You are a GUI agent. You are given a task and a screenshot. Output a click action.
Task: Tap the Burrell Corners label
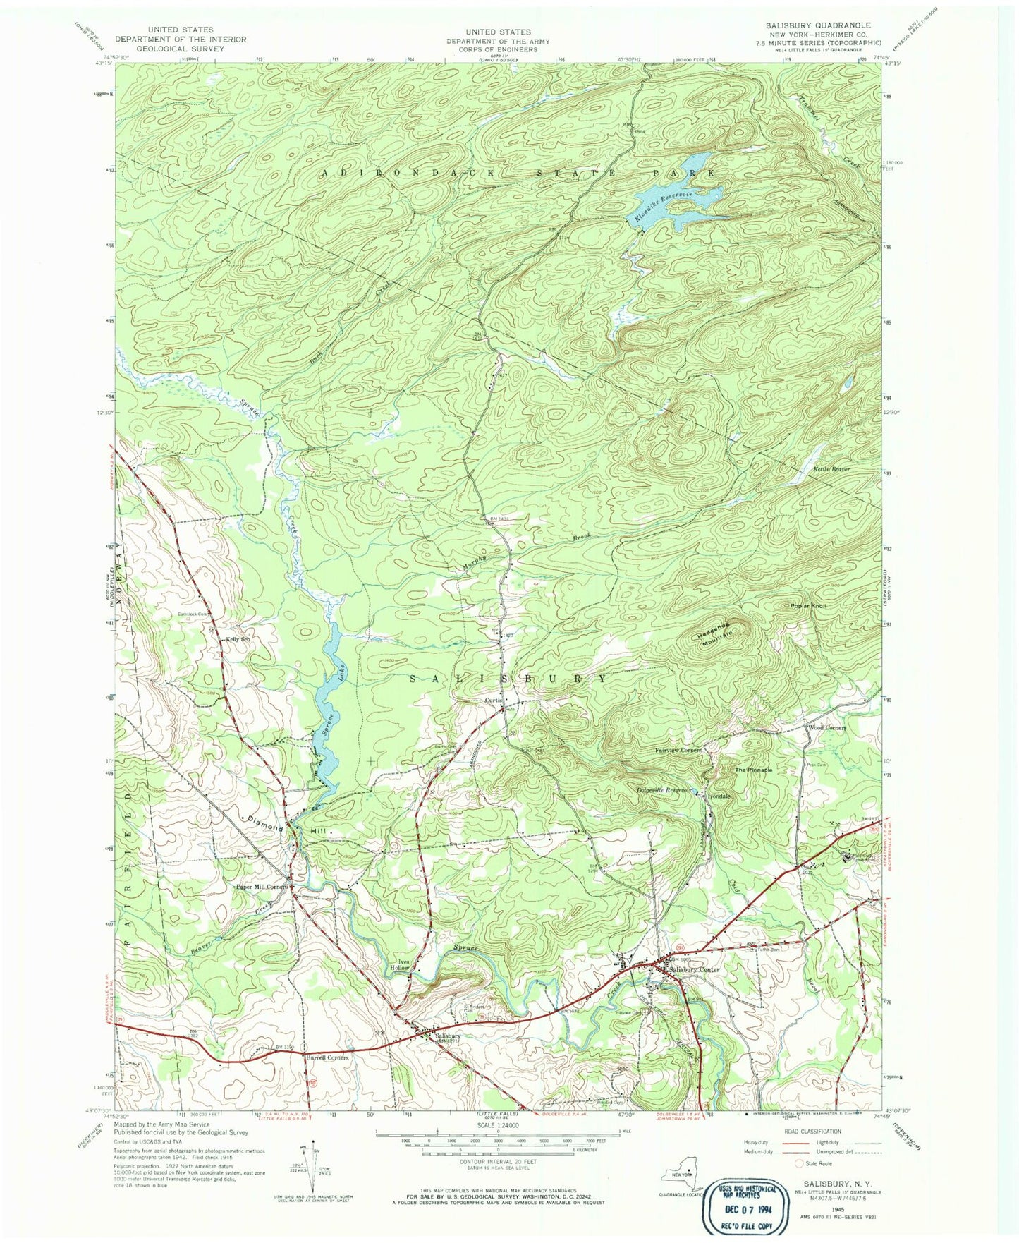(327, 1058)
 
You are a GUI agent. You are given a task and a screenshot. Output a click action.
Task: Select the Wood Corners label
(826, 727)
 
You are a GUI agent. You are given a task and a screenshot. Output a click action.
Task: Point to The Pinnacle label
(754, 770)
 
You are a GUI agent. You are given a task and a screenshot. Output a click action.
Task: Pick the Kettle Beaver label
(832, 468)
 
